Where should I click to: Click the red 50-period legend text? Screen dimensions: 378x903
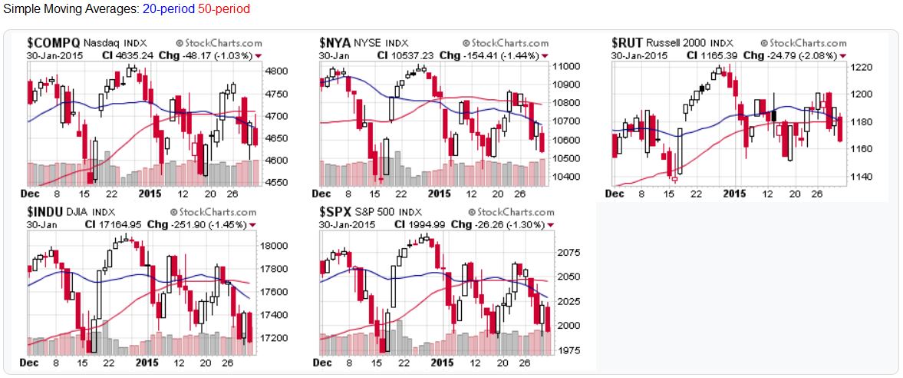(223, 9)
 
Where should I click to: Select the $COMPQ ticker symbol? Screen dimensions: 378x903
(53, 43)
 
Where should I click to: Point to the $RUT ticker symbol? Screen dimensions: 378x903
(628, 43)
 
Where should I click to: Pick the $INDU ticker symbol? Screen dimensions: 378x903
(47, 211)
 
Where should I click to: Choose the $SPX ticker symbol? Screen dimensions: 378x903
(335, 211)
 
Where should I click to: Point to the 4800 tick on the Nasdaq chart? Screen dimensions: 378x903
(276, 71)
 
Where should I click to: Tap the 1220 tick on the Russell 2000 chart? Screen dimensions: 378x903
(862, 68)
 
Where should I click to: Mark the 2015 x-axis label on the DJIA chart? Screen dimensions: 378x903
(147, 363)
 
